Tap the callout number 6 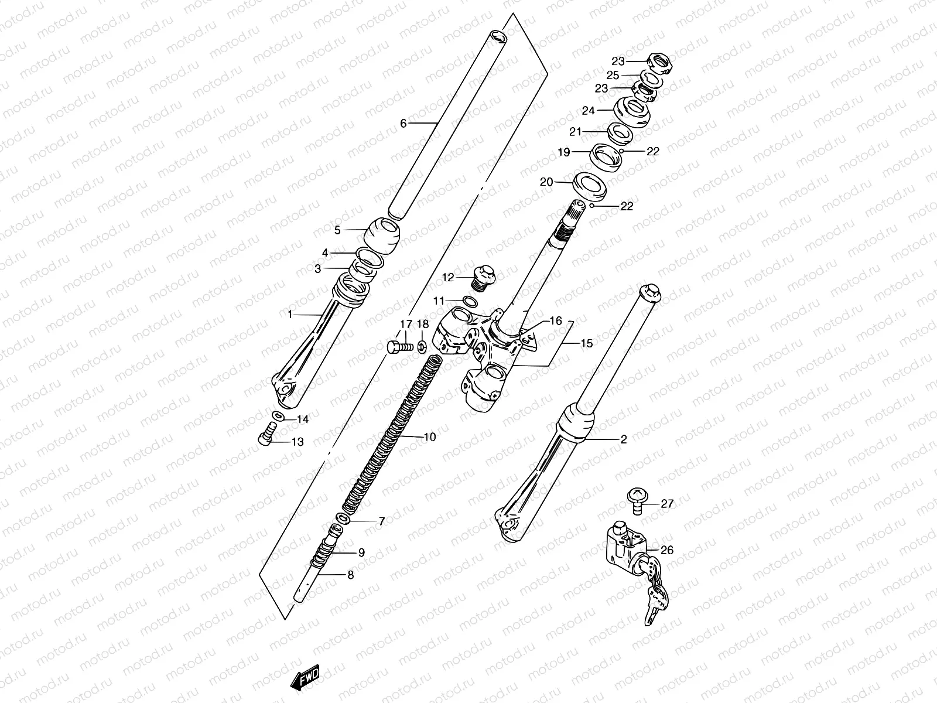403,124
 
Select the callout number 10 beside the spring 429,437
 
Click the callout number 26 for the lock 667,551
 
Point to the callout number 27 668,504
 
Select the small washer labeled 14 279,417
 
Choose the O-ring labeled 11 469,302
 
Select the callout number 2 623,439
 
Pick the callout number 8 351,575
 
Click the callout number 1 289,315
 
